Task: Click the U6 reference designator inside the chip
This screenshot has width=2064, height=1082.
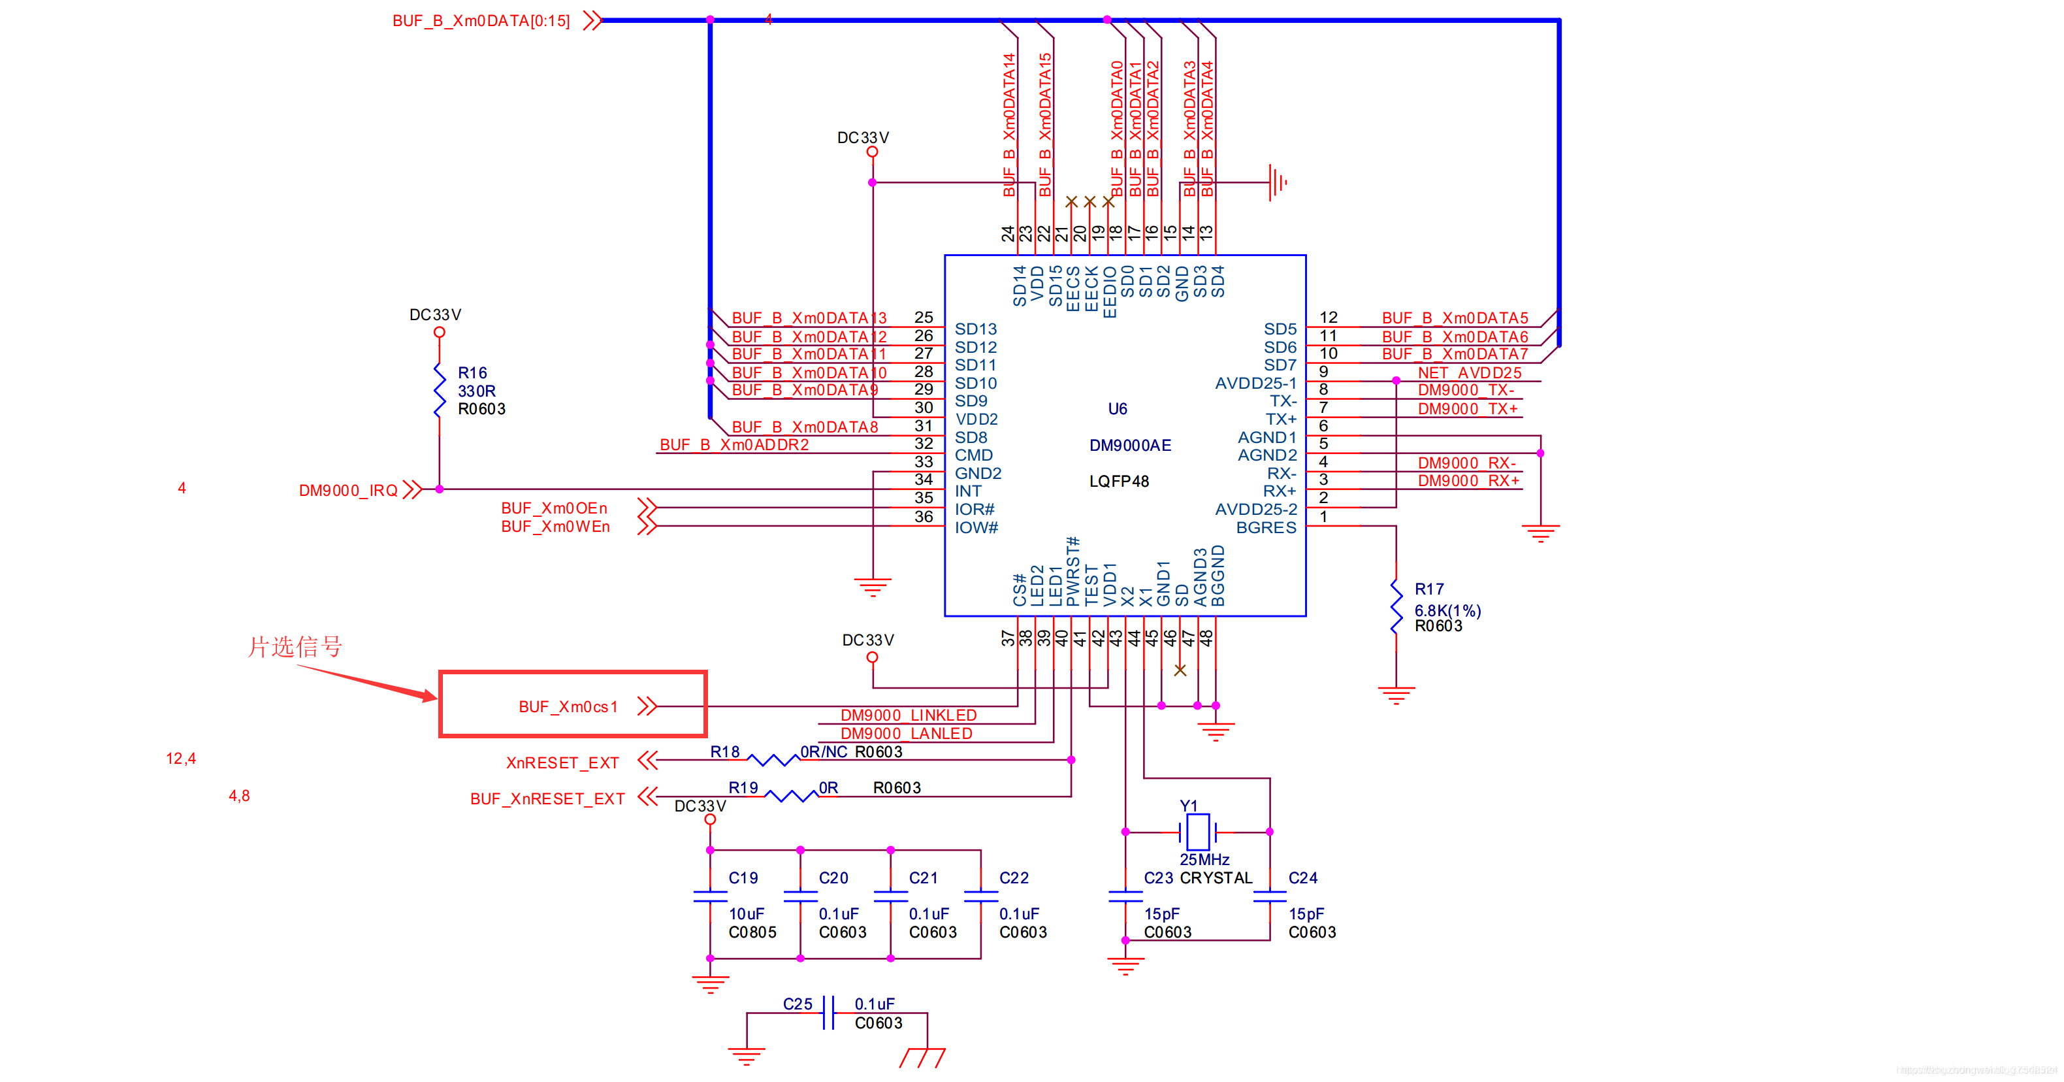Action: click(1117, 409)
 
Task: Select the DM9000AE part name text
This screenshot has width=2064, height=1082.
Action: click(1130, 446)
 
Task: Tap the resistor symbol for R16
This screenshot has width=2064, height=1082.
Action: click(439, 390)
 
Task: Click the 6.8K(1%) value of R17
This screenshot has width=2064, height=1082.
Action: click(1447, 611)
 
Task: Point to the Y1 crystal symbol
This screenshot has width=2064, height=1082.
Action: click(1197, 832)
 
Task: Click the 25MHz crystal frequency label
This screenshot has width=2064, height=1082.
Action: click(1204, 860)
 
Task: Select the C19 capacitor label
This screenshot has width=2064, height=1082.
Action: click(743, 878)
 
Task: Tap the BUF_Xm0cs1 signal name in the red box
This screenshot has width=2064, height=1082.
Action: click(568, 707)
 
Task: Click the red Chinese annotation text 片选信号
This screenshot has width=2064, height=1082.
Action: click(295, 647)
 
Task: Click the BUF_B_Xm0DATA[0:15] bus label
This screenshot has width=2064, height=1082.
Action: click(481, 21)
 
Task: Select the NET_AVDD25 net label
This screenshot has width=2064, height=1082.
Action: click(1469, 372)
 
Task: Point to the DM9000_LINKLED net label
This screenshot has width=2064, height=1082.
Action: click(908, 715)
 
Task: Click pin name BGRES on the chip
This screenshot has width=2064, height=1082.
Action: click(1265, 527)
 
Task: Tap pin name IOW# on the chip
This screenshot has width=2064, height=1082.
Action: click(976, 527)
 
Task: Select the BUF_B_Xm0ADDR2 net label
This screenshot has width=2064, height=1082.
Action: click(734, 445)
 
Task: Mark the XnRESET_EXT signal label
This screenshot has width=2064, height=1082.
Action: click(562, 763)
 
